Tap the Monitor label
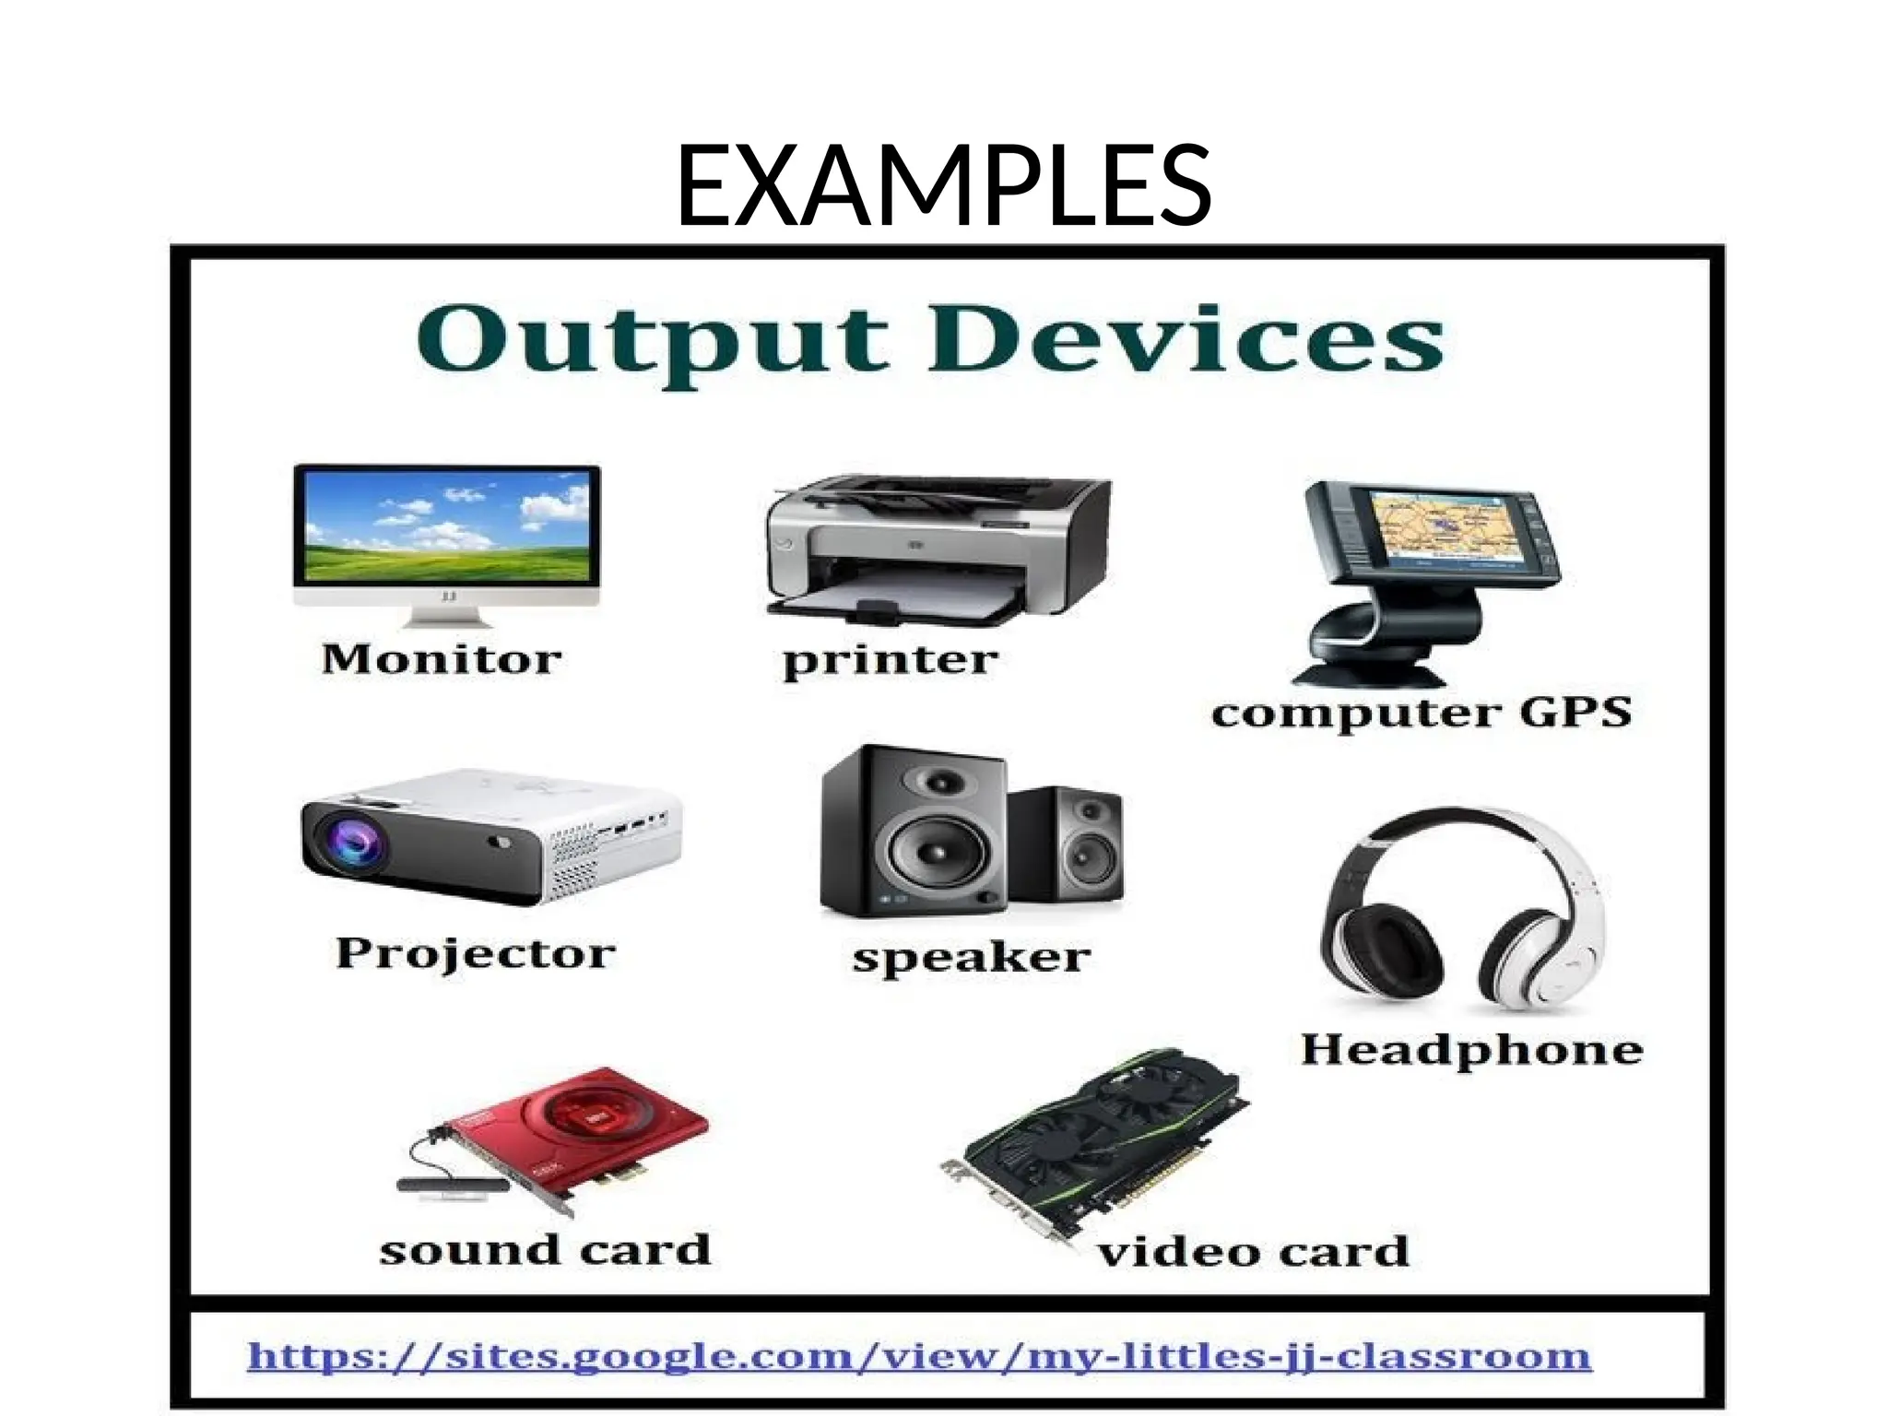tap(442, 659)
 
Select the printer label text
tap(890, 660)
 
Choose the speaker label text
tap(971, 958)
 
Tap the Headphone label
tap(1471, 1050)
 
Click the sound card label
tap(545, 1250)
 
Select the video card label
tap(1253, 1252)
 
